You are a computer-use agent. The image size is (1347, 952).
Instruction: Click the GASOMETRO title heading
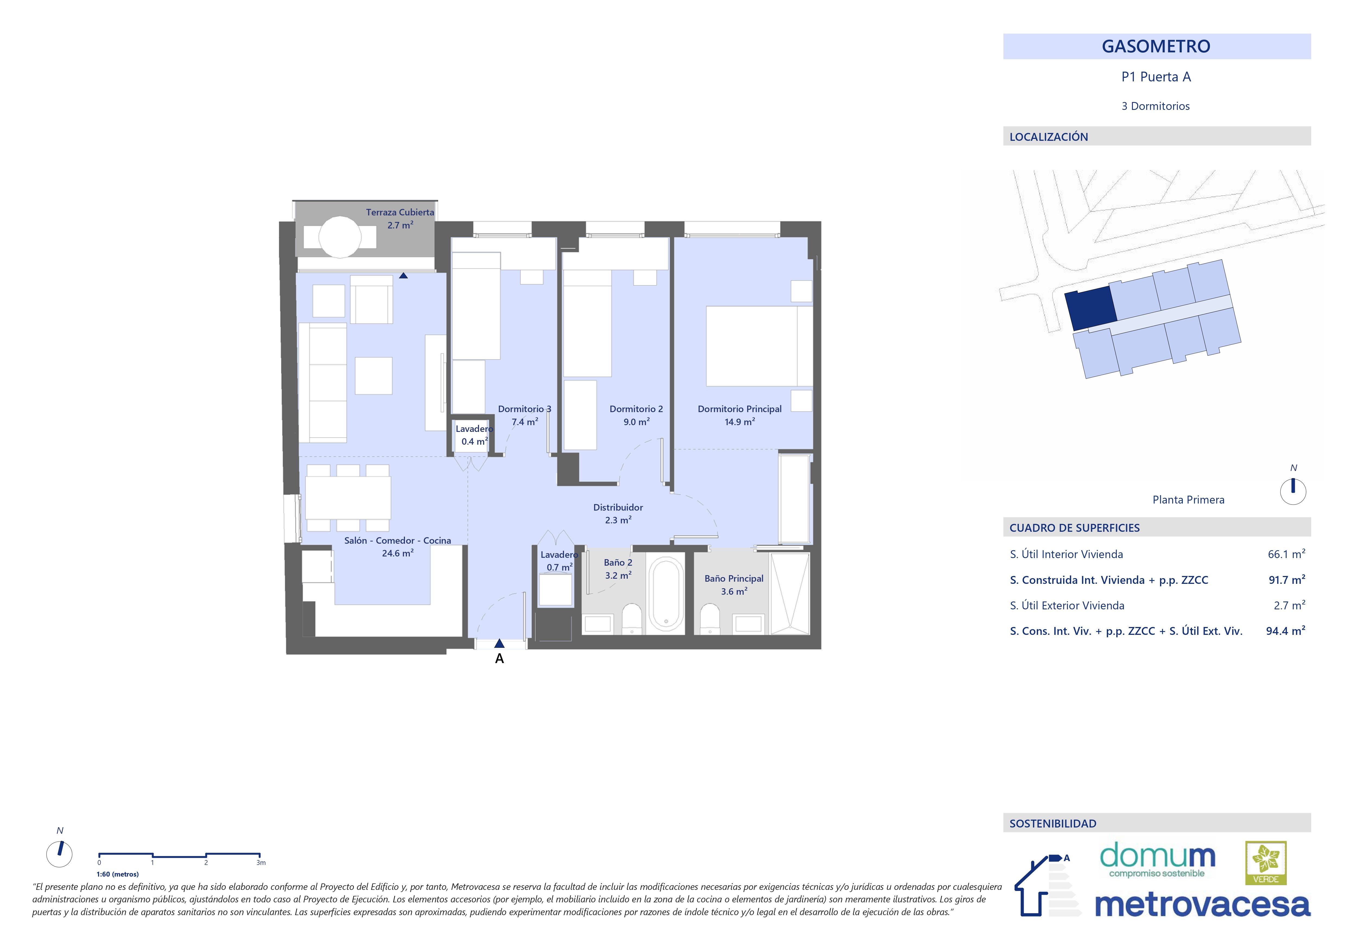click(1156, 46)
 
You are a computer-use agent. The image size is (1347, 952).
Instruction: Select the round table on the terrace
click(340, 237)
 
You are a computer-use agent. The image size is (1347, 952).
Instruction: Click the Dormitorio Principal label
click(739, 415)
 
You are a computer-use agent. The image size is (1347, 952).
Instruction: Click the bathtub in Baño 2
click(666, 593)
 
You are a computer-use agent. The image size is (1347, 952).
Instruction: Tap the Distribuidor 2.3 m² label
click(618, 513)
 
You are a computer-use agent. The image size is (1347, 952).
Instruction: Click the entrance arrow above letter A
click(499, 644)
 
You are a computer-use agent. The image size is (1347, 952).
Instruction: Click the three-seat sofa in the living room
click(323, 383)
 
